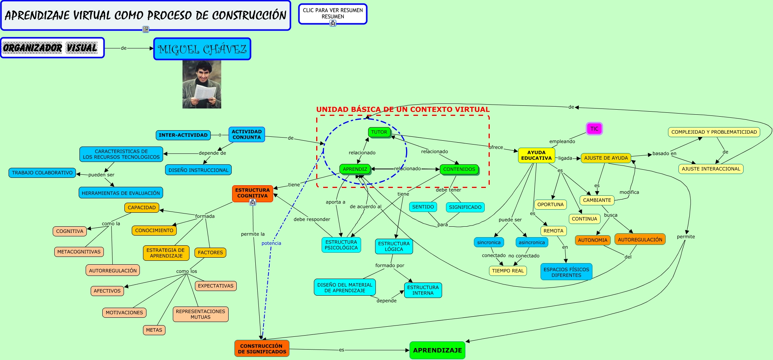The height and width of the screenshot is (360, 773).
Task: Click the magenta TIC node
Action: click(x=594, y=129)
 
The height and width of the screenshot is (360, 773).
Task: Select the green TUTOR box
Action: click(x=379, y=132)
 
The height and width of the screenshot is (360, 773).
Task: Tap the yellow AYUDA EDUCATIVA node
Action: click(x=536, y=155)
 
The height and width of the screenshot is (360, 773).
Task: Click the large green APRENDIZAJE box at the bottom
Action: click(x=437, y=350)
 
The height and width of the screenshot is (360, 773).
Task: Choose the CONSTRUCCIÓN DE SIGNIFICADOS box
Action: click(x=262, y=348)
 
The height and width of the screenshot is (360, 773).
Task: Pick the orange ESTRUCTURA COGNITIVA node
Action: click(x=253, y=193)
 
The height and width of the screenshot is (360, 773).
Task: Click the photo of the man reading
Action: click(x=202, y=84)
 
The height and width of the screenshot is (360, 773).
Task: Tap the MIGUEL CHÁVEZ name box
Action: click(x=202, y=49)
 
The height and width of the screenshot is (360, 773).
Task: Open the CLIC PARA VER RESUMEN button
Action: click(x=333, y=14)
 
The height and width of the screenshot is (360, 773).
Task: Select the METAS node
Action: click(x=154, y=330)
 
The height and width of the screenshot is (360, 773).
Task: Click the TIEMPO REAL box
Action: click(x=508, y=271)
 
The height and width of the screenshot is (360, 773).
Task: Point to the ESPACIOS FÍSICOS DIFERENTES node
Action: click(x=566, y=272)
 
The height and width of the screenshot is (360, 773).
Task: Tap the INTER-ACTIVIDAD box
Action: click(x=183, y=135)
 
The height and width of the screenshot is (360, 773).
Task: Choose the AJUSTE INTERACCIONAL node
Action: click(x=711, y=169)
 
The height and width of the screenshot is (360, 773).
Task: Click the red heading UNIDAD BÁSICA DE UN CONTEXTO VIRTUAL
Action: click(x=403, y=110)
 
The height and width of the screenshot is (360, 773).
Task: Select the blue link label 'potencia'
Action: click(x=271, y=243)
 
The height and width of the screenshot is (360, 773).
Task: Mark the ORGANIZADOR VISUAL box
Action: click(x=52, y=48)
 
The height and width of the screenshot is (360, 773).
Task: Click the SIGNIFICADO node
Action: click(x=465, y=207)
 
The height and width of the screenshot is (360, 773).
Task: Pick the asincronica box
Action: click(x=532, y=243)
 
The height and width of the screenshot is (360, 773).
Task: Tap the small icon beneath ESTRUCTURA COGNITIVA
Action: click(x=253, y=202)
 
